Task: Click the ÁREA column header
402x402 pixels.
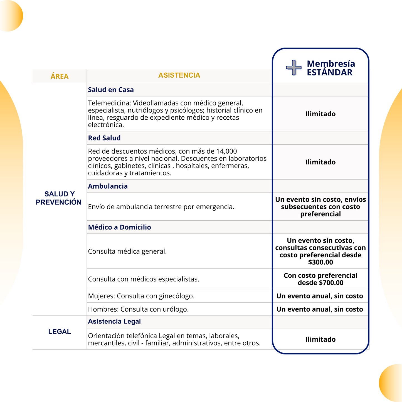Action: point(60,77)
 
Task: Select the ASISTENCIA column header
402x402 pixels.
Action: point(179,75)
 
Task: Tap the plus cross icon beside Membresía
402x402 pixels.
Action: point(294,68)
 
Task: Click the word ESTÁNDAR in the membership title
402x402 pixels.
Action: point(330,73)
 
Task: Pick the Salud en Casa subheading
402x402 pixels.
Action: point(111,90)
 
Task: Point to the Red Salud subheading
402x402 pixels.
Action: point(104,138)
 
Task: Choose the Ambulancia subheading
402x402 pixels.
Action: point(108,186)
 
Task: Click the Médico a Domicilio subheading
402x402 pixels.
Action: point(120,227)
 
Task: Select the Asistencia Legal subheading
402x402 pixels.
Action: point(114,322)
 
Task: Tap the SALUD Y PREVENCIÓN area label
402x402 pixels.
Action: point(59,198)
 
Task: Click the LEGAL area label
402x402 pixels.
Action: point(60,332)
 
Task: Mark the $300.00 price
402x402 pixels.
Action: point(320,262)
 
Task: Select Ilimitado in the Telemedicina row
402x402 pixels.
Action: point(320,114)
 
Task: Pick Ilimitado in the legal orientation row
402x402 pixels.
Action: point(320,339)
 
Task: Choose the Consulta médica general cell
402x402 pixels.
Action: point(127,251)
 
